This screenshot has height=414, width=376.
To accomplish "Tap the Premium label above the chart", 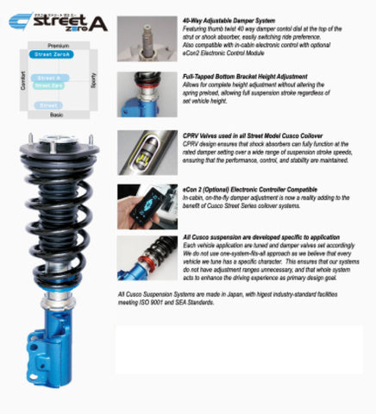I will click(58, 45).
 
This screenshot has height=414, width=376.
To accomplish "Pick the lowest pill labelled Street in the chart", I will click(49, 105).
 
